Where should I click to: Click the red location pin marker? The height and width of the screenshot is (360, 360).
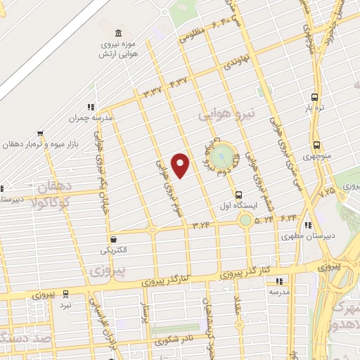[181, 165]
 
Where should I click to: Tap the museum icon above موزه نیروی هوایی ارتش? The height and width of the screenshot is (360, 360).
[117, 34]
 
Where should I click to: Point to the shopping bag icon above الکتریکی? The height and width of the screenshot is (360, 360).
[112, 238]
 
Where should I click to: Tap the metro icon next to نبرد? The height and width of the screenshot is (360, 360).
[65, 293]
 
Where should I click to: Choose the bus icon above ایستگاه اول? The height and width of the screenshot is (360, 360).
[238, 194]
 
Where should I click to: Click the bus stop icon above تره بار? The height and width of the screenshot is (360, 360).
[314, 97]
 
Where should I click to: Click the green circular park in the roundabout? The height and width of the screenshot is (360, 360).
[225, 153]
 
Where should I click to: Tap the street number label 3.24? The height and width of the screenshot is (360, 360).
[202, 225]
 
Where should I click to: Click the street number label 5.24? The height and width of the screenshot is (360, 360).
[265, 220]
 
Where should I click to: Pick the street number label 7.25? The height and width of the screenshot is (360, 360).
[328, 191]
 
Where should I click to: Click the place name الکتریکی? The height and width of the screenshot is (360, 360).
[114, 250]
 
